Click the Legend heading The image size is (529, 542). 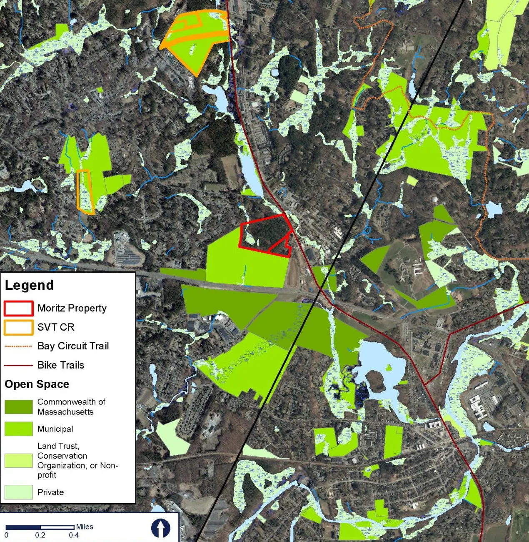(29, 285)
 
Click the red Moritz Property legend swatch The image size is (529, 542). (18, 309)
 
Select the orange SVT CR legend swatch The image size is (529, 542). (18, 327)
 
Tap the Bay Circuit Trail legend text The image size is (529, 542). (73, 346)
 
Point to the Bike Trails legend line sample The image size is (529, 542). (18, 365)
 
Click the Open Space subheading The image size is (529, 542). (37, 384)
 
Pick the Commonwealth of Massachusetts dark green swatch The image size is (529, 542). (18, 407)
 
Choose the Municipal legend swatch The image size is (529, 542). (18, 429)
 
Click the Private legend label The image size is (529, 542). (50, 492)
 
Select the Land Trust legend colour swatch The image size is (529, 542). (18, 460)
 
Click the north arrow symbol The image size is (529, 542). (161, 528)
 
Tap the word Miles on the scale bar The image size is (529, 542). (85, 527)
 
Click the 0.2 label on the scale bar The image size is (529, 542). (40, 535)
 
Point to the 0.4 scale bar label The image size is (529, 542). (74, 535)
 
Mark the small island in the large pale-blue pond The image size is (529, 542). (375, 378)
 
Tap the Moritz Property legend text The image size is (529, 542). (72, 308)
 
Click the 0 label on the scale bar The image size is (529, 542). (6, 535)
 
